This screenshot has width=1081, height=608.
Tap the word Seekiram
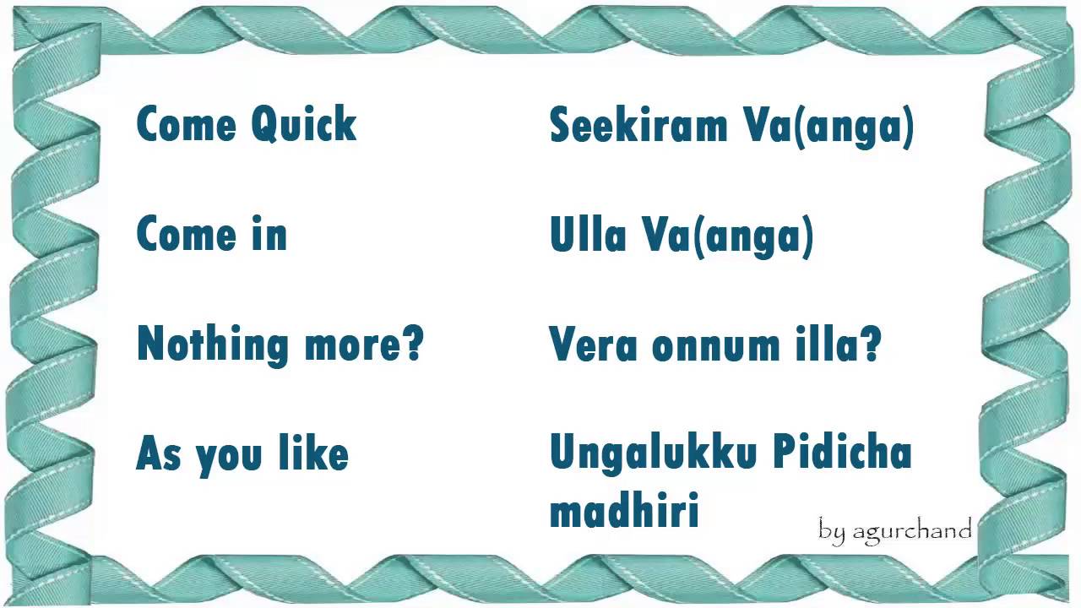pos(638,126)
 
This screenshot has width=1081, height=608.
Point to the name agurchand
pos(911,530)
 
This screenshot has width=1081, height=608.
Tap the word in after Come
pos(269,235)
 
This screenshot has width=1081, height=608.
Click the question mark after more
pos(412,344)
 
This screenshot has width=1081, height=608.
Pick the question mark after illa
pos(872,344)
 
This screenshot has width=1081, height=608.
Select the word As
pos(160,453)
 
